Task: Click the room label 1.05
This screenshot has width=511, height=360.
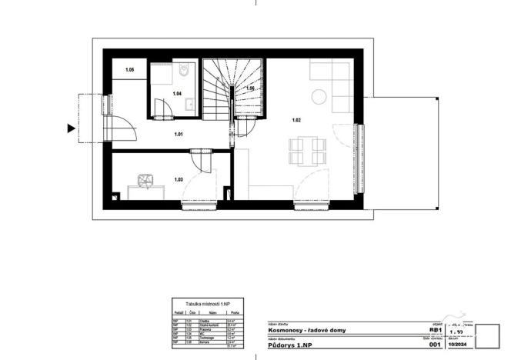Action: click(x=130, y=70)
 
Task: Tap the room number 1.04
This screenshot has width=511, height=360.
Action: click(x=177, y=94)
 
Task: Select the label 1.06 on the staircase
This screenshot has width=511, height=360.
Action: click(x=250, y=89)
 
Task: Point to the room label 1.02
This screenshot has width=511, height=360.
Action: click(x=296, y=120)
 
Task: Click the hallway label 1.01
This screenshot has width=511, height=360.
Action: click(x=179, y=135)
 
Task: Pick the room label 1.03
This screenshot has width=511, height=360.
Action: click(x=179, y=179)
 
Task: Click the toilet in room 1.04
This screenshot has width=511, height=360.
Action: click(x=183, y=73)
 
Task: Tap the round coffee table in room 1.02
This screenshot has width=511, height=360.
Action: click(x=318, y=96)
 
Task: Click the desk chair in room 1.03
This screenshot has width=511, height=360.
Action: click(x=145, y=180)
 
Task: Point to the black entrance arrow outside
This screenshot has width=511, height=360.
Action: click(x=72, y=128)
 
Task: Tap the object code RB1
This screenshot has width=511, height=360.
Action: click(x=436, y=329)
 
